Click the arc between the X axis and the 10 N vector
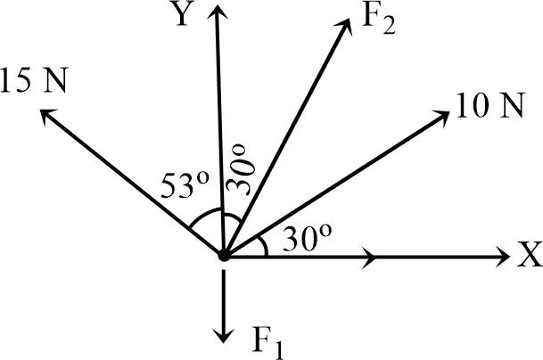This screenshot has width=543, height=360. [x=263, y=243]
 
